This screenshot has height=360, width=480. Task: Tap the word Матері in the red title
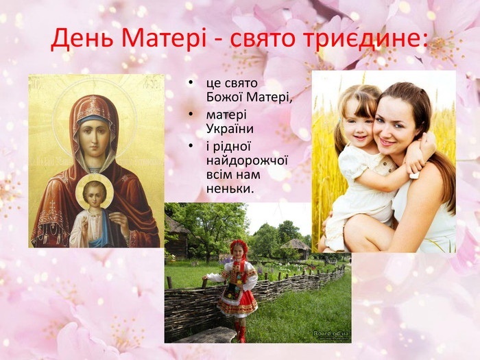[164, 38]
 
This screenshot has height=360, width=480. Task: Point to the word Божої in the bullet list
[224, 97]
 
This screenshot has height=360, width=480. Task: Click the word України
[230, 128]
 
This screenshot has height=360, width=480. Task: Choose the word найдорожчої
[247, 161]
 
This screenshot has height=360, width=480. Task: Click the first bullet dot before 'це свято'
[191, 83]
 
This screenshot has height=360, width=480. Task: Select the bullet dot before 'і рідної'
[191, 145]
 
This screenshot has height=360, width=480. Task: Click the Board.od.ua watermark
[331, 334]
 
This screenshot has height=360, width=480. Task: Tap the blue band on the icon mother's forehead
[95, 119]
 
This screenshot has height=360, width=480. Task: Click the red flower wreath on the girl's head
[239, 245]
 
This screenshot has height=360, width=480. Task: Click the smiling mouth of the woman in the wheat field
[387, 142]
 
